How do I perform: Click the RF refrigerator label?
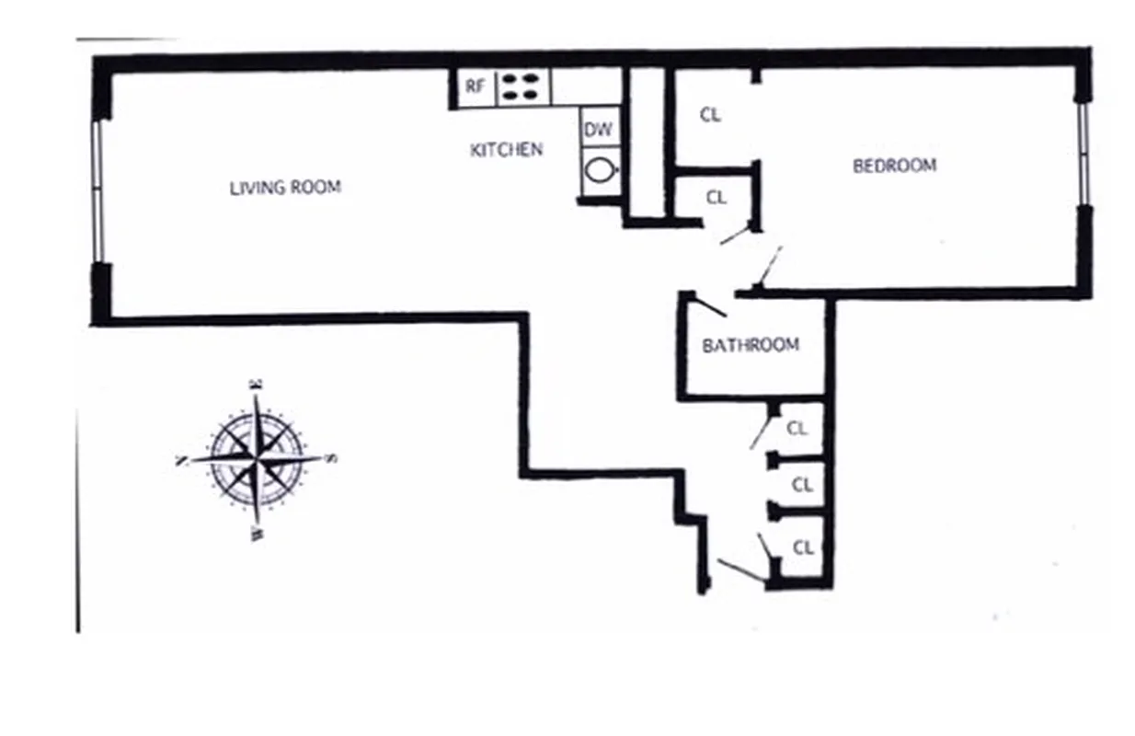click(x=475, y=87)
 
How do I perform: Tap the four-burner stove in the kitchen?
click(x=522, y=87)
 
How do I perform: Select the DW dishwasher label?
click(x=598, y=130)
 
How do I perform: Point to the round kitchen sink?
click(x=599, y=170)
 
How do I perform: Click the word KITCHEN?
click(x=506, y=149)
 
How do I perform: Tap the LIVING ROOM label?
click(x=285, y=188)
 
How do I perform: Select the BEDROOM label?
click(x=894, y=167)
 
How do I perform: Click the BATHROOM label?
click(x=751, y=345)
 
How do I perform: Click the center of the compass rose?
click(x=257, y=456)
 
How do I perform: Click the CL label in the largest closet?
click(x=710, y=115)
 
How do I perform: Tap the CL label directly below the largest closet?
click(x=716, y=197)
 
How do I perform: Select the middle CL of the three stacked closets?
click(x=802, y=484)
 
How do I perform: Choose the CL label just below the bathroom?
click(x=797, y=428)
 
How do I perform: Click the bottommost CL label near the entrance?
click(x=803, y=547)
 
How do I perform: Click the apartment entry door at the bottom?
click(x=739, y=570)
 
